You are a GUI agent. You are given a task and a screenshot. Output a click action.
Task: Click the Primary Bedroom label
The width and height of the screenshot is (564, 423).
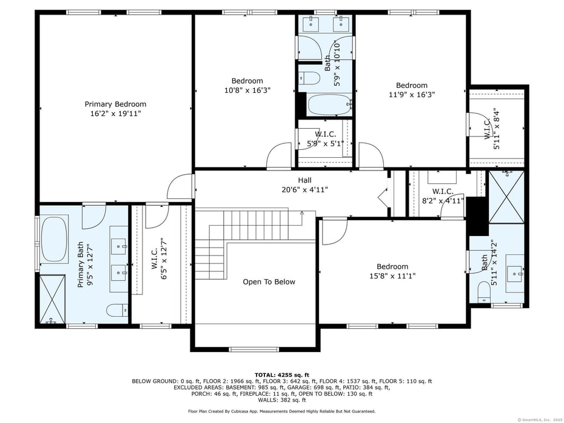click(115, 104)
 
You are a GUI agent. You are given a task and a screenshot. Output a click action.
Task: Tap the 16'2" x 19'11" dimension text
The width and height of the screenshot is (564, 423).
click(115, 113)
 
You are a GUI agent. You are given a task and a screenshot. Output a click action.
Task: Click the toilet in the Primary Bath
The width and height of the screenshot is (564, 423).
click(116, 311)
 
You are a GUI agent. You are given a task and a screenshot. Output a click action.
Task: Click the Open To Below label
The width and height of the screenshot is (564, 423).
click(269, 282)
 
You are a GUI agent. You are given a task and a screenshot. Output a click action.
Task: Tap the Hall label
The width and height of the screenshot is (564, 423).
click(304, 180)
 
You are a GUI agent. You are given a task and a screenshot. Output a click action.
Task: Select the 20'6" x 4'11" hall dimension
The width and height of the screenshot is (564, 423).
click(304, 189)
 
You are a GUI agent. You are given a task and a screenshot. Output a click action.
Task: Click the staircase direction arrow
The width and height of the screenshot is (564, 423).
click(301, 213)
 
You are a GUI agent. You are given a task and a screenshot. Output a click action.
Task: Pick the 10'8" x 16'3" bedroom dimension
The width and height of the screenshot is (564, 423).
click(247, 90)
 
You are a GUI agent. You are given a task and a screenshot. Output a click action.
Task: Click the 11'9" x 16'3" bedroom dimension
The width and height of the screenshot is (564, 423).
click(412, 95)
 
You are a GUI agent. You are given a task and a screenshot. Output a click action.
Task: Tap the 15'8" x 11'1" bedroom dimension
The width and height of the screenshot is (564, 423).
click(392, 276)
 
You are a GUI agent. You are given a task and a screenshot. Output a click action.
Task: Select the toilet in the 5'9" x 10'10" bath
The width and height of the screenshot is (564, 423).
click(310, 78)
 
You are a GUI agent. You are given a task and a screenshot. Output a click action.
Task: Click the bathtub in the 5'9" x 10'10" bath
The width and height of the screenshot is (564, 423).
click(329, 104)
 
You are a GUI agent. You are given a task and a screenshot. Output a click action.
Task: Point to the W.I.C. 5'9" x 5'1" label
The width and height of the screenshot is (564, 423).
click(325, 139)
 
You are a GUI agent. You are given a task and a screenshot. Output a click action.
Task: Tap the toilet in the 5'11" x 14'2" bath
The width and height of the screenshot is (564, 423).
click(483, 291)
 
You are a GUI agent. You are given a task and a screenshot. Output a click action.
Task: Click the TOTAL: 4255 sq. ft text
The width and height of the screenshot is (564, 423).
click(281, 374)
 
